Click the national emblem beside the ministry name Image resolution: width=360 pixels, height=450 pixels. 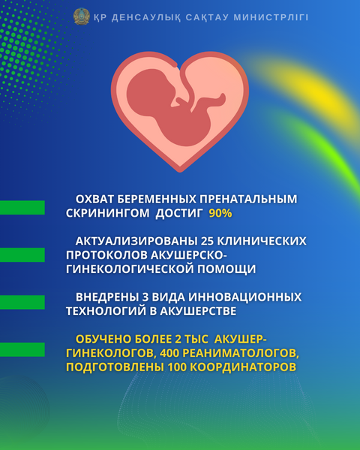coord(82,16)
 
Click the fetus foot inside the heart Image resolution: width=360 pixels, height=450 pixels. coord(219,99)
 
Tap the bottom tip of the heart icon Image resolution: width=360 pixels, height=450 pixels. coord(180,171)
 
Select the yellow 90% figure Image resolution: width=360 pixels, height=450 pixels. coord(220,213)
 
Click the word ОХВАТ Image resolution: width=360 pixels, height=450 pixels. coord(94,199)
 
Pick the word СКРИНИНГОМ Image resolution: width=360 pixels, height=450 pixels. coord(108,213)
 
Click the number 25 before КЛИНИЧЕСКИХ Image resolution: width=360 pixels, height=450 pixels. coord(206,241)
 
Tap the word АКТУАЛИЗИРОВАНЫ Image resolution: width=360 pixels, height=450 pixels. coord(136,241)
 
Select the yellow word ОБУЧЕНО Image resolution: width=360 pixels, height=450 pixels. coord(103,339)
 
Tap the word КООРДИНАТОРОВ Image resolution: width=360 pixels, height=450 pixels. coord(243,367)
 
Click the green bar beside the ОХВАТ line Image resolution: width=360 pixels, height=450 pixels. coord(22,208)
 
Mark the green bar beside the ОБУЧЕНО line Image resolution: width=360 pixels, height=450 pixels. coord(22,349)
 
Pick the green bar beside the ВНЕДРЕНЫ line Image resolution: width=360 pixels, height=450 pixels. coord(22,302)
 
